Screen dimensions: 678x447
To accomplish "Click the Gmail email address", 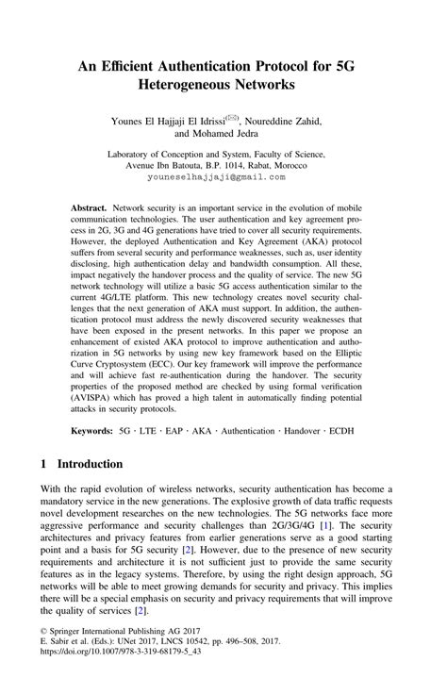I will (x=223, y=176).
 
